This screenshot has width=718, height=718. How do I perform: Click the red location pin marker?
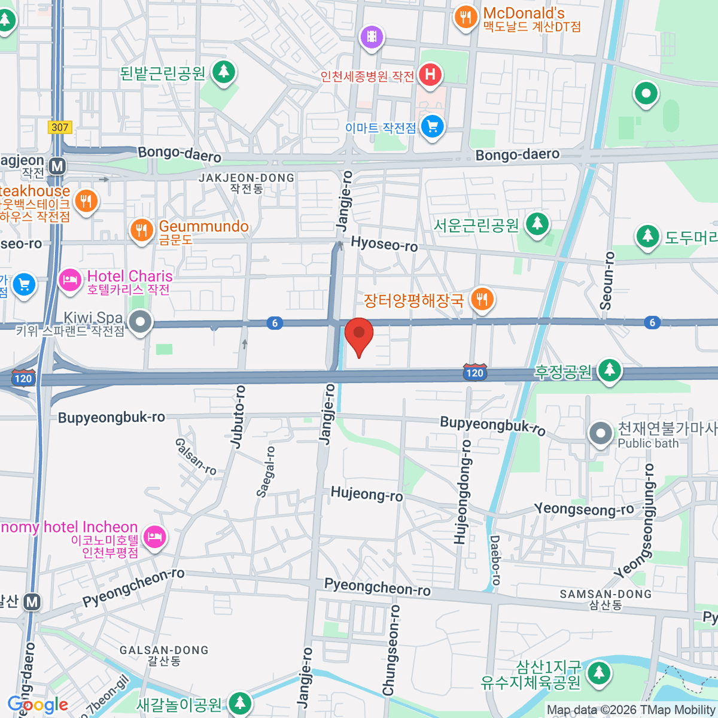pyautogui.click(x=359, y=334)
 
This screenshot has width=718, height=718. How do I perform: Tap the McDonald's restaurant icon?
pyautogui.click(x=465, y=17)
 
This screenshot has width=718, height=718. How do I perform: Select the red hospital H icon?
pyautogui.click(x=430, y=75)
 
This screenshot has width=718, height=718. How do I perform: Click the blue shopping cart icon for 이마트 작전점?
pyautogui.click(x=431, y=127)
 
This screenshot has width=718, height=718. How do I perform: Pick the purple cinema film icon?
pyautogui.click(x=372, y=37)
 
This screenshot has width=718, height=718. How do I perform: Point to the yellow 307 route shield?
pyautogui.click(x=60, y=127)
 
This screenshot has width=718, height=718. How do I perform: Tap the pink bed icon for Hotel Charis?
pyautogui.click(x=70, y=280)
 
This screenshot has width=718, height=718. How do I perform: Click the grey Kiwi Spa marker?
pyautogui.click(x=141, y=322)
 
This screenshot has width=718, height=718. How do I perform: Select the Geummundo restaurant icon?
pyautogui.click(x=141, y=229)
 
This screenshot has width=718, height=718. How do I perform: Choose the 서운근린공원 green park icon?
pyautogui.click(x=537, y=224)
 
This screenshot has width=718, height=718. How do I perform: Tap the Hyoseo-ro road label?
pyautogui.click(x=384, y=244)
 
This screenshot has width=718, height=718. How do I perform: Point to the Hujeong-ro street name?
pyautogui.click(x=367, y=494)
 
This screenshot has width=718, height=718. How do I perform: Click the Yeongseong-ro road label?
pyautogui.click(x=584, y=509)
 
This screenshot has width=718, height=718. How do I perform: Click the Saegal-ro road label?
pyautogui.click(x=266, y=471)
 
